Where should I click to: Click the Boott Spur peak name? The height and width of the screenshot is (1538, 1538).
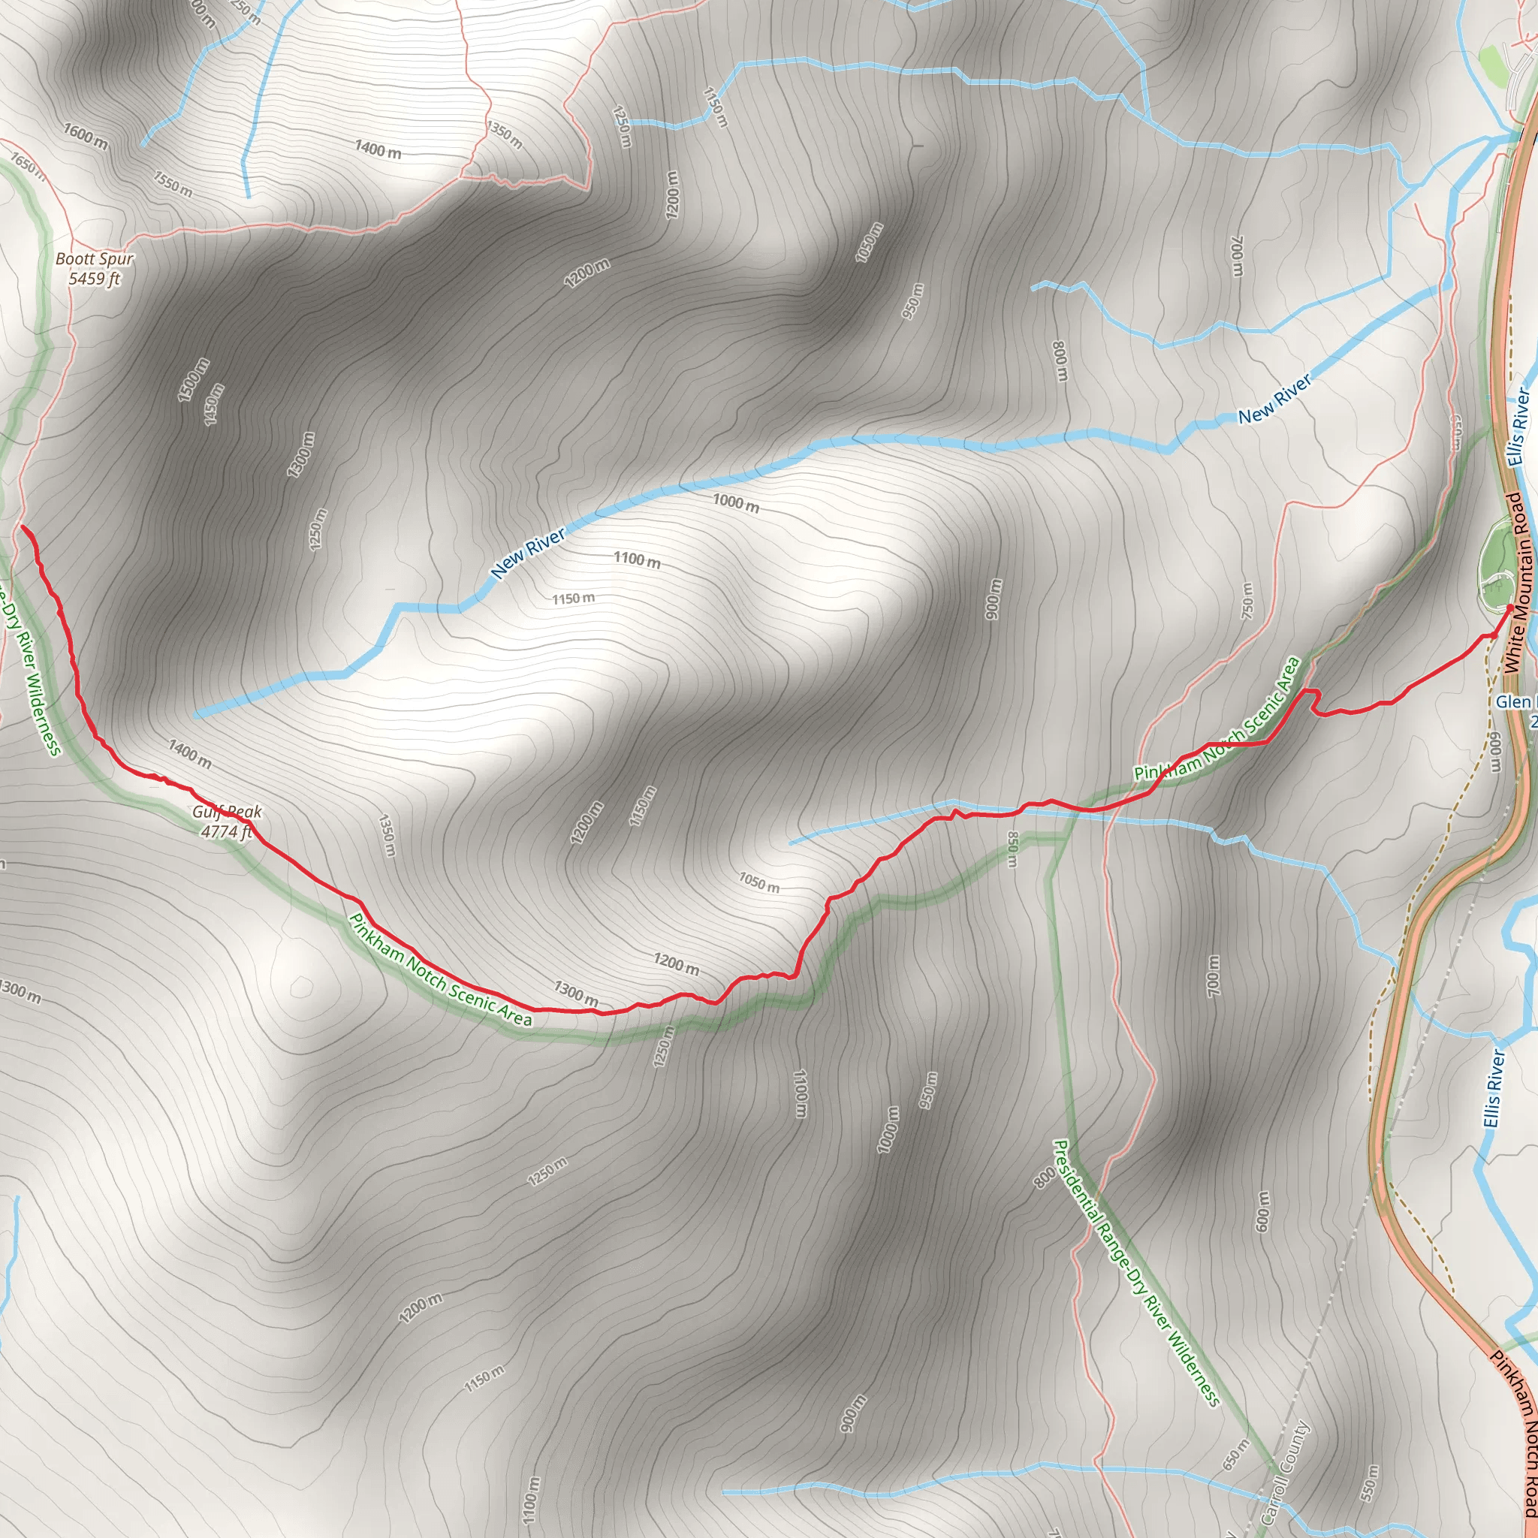pos(95,259)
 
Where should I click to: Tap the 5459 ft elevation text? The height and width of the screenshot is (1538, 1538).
pos(94,279)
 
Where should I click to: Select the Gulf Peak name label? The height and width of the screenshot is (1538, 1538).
pos(227,812)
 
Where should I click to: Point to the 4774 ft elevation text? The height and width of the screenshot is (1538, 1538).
pos(226,832)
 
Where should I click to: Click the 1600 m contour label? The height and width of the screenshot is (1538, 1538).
pos(86,136)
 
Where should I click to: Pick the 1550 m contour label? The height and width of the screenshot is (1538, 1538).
pos(173,184)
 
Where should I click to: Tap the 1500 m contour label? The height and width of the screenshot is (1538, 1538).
pos(194,380)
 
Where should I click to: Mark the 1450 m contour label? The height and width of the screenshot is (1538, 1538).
pos(214,405)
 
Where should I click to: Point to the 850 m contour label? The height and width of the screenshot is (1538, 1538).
pos(1012,849)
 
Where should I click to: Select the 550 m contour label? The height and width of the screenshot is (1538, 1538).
pos(1369,1482)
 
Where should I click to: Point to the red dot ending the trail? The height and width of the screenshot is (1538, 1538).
pos(1510,608)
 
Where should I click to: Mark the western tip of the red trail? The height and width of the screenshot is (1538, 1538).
pos(22,527)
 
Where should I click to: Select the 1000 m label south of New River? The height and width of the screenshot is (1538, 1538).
pos(735,502)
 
